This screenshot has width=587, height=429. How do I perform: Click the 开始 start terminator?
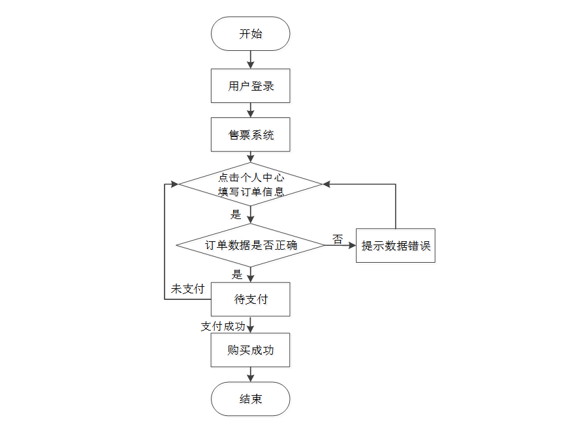click(250, 34)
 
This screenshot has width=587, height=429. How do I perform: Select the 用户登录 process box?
click(250, 86)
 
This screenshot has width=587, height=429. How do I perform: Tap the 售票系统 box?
click(250, 135)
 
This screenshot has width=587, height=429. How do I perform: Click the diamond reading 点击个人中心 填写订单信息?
click(250, 185)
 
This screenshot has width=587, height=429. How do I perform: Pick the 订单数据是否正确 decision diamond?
click(250, 246)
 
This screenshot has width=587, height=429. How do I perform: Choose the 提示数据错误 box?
click(395, 246)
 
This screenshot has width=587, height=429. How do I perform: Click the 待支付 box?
click(250, 299)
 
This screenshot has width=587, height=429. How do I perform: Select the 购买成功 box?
click(250, 350)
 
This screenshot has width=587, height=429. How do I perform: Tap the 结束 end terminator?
click(250, 399)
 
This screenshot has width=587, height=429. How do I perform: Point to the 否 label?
click(338, 239)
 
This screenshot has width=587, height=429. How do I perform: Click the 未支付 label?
click(187, 289)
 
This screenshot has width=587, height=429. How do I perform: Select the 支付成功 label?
click(223, 326)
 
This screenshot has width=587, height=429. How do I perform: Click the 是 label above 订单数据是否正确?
click(236, 214)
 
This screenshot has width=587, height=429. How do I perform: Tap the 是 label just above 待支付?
click(237, 274)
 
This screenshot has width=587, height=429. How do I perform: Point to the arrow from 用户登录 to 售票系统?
click(250, 110)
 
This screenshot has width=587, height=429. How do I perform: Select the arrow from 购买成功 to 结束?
click(250, 374)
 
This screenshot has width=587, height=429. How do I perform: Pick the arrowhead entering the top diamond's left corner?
click(174, 185)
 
